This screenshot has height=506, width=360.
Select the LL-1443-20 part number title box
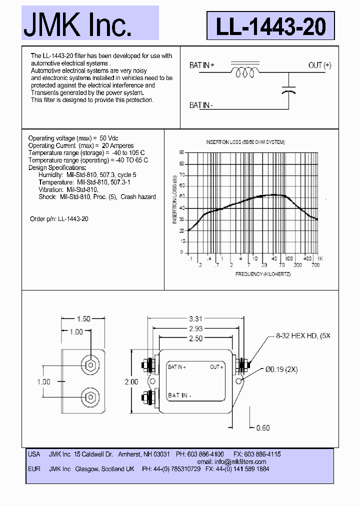tap(270, 26)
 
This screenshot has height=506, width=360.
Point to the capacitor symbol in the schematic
tap(288, 90)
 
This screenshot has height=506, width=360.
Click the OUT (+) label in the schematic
tap(319, 65)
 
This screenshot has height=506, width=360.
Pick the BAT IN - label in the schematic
tap(201, 105)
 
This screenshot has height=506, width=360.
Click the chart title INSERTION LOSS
tap(245, 142)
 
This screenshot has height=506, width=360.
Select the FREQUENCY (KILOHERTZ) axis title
tap(255, 274)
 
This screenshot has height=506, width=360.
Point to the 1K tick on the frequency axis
tap(320, 258)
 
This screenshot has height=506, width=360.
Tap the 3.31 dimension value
tap(195, 318)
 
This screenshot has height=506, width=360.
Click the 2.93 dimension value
tap(195, 328)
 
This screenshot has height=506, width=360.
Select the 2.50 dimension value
tap(195, 338)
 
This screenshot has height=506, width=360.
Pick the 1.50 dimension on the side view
tap(83, 319)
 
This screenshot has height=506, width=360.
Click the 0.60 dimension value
tap(263, 427)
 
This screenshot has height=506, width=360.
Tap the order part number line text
tap(59, 219)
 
